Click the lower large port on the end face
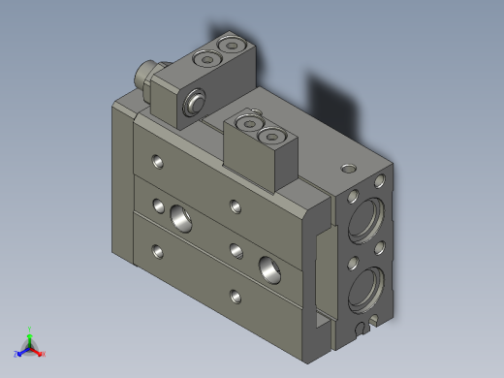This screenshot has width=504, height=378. (x=371, y=289)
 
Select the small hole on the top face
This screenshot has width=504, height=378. (x=347, y=167)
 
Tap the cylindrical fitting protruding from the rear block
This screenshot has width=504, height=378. (x=145, y=75)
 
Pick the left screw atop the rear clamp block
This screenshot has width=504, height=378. (x=205, y=59)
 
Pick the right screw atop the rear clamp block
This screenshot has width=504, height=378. (x=230, y=46)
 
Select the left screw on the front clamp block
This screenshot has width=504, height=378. (x=246, y=123)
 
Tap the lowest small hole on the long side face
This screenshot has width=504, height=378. (x=232, y=295)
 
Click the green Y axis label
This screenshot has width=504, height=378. (x=31, y=330)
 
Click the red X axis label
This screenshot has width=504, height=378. (x=44, y=354)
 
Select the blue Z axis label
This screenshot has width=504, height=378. (x=17, y=354)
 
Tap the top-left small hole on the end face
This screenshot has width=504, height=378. (x=352, y=194)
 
